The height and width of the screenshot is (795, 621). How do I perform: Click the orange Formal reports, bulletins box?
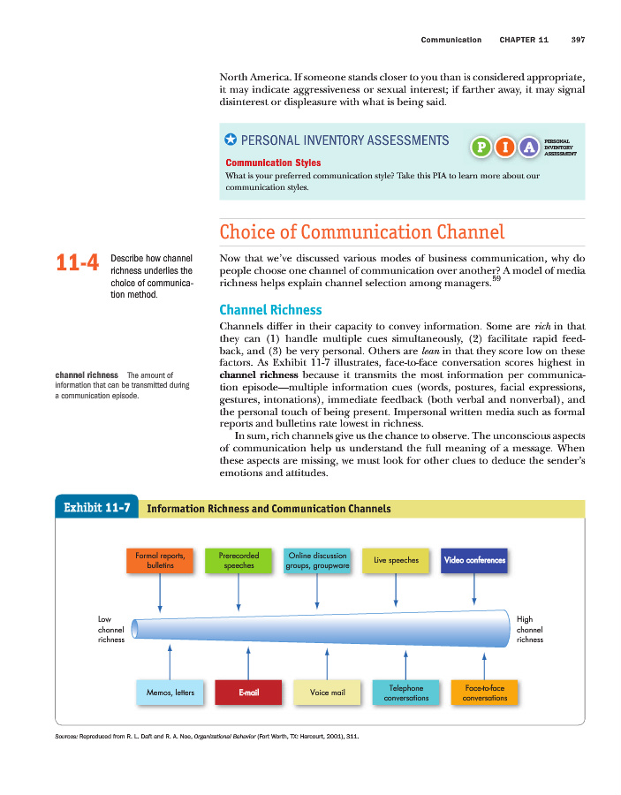(160, 560)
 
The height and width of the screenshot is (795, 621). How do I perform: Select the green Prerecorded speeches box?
(239, 560)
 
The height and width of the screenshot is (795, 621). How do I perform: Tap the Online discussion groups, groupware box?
(317, 560)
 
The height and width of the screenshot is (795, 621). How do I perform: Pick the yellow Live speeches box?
(396, 560)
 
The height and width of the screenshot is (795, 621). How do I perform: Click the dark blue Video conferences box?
(474, 560)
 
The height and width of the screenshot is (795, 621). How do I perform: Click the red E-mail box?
(248, 693)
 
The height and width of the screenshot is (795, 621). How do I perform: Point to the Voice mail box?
(327, 693)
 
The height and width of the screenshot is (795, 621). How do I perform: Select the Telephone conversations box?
(406, 693)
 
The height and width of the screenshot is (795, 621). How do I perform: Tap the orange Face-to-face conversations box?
(484, 693)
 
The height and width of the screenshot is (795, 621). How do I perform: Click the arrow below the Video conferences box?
(475, 590)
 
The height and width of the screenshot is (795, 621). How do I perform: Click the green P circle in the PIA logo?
(481, 147)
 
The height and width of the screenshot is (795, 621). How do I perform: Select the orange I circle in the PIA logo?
(504, 147)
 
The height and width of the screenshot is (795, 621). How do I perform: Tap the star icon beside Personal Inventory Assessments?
(231, 140)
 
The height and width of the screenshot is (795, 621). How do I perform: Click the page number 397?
(578, 40)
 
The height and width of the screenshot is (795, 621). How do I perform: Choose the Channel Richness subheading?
(270, 310)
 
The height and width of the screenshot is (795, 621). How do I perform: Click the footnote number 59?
(497, 278)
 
